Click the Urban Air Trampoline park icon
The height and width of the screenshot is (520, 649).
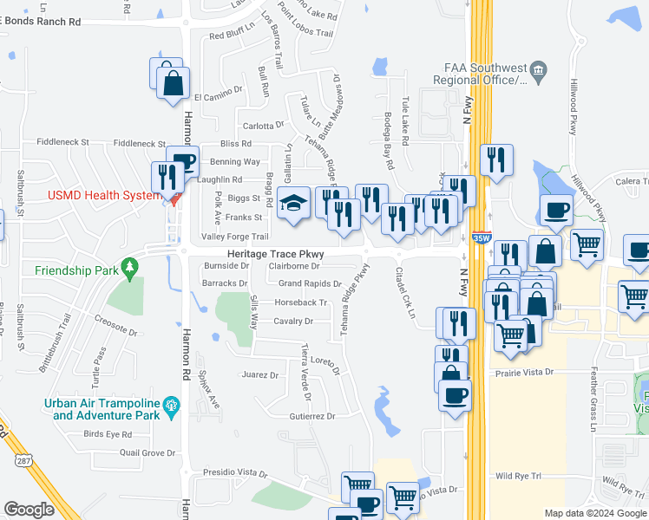[x=172, y=404]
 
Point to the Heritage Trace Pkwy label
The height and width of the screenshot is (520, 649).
[x=275, y=253]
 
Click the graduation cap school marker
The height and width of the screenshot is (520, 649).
[x=294, y=204]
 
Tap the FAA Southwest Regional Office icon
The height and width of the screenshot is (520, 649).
[x=538, y=69]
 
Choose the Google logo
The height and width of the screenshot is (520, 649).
[x=29, y=510]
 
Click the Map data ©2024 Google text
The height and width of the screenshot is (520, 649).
[x=595, y=513]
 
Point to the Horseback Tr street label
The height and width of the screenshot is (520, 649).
[x=300, y=302]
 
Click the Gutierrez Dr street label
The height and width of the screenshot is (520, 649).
[x=312, y=417]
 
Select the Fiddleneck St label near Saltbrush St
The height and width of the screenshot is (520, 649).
[x=62, y=142]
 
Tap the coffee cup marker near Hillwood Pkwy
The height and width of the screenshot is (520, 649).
[x=555, y=210]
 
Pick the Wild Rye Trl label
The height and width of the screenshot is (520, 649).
[x=518, y=476]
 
